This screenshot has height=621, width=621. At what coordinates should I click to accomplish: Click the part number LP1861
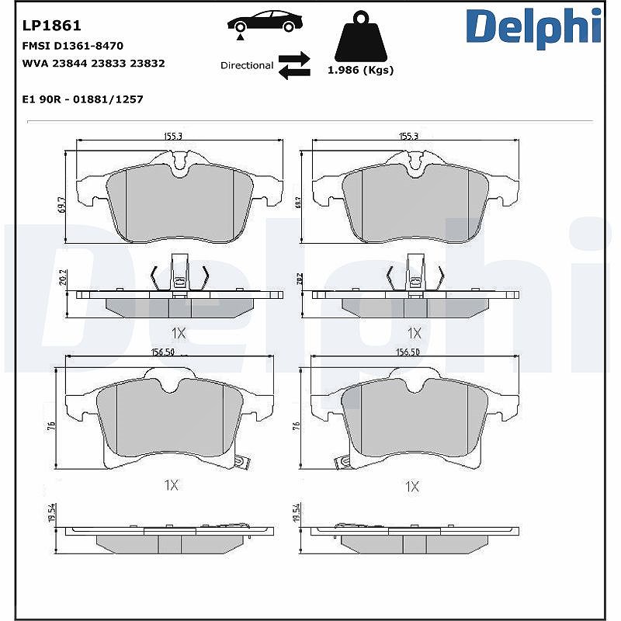51,26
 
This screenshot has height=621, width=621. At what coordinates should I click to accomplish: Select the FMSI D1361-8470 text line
73,46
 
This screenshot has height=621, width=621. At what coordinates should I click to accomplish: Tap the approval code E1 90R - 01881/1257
83,99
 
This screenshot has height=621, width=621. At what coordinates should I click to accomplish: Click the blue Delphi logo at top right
534,27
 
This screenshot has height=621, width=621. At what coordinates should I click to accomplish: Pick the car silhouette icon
265,23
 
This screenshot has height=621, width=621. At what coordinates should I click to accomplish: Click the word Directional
247,65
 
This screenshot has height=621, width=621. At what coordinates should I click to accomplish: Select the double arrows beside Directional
294,65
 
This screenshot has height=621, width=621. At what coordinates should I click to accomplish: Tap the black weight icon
360,36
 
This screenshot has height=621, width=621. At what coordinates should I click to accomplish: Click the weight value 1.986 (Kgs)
360,71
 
